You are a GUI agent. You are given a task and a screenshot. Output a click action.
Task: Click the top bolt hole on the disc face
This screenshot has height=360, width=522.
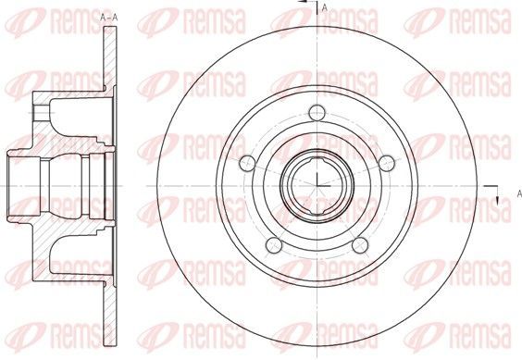pyautogui.click(x=317, y=113)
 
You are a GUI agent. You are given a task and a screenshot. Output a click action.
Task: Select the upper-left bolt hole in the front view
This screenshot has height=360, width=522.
pyautogui.click(x=247, y=163)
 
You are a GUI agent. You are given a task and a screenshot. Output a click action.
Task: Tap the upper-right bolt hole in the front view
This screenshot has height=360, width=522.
pyautogui.click(x=387, y=163)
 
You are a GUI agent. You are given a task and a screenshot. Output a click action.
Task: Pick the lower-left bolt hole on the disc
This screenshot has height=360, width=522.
pyautogui.click(x=274, y=245)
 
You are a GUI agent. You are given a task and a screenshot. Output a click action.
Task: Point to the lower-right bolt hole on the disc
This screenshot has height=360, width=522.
pyautogui.click(x=360, y=245)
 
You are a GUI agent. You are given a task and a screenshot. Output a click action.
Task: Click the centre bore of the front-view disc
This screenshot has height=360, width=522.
pyautogui.click(x=317, y=185)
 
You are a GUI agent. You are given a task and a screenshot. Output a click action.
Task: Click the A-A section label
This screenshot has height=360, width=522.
pyautogui.click(x=109, y=18)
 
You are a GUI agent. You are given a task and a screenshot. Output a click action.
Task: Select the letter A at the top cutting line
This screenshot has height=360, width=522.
pyautogui.click(x=325, y=8)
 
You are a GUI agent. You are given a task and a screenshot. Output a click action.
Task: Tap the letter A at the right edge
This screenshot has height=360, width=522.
pyautogui.click(x=519, y=193)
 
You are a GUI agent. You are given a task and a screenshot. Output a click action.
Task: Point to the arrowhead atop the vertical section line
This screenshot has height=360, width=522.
pyautogui.click(x=303, y=2)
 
